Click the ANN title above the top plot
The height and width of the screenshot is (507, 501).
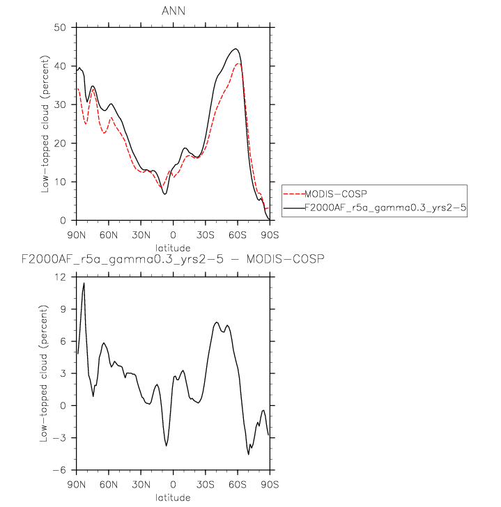tap(172, 10)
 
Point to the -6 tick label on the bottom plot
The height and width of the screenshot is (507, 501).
tap(63, 470)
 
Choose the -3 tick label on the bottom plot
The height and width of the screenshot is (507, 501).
tap(63, 438)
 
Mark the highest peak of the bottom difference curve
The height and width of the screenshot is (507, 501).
tap(84, 283)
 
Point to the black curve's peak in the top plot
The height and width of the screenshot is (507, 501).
tap(236, 49)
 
